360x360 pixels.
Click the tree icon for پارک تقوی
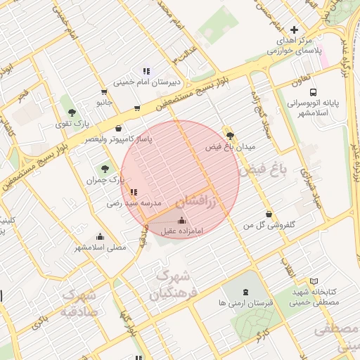71,112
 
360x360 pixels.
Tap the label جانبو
105,103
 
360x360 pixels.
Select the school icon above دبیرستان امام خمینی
146,71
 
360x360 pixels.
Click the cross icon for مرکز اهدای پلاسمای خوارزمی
294,30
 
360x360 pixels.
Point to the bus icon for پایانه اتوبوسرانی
313,91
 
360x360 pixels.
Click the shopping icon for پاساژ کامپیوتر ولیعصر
118,129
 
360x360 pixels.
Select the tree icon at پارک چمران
105,168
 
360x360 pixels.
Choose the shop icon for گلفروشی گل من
268,214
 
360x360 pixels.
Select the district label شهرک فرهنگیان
176,282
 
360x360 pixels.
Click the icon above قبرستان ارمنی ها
245,292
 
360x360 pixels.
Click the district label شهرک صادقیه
79,302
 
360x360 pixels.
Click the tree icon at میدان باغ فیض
230,136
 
